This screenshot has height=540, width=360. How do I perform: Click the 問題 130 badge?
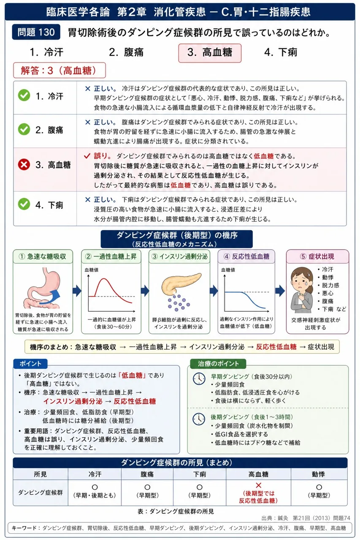point(36,32)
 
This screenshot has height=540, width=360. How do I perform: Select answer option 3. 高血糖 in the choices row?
point(209,53)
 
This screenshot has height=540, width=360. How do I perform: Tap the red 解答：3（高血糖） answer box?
point(60,70)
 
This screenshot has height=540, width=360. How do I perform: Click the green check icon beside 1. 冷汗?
point(24,95)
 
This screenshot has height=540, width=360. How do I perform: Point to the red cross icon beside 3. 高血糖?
point(24,165)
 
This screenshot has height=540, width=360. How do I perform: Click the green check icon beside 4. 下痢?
point(24,204)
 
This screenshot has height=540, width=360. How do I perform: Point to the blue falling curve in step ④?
point(246,299)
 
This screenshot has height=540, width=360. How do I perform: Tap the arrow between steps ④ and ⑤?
point(280,291)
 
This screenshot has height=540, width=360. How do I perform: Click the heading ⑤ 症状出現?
point(317,256)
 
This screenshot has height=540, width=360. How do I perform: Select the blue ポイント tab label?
point(30,364)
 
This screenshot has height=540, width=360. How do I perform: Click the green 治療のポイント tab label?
point(218,364)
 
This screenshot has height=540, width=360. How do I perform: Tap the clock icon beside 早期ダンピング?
point(199,378)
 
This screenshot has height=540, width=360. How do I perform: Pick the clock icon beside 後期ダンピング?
point(199,419)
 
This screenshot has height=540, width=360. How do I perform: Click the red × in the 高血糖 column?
point(258,485)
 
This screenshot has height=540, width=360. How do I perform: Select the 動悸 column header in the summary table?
point(319,474)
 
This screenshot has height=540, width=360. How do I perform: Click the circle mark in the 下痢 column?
point(199,487)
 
